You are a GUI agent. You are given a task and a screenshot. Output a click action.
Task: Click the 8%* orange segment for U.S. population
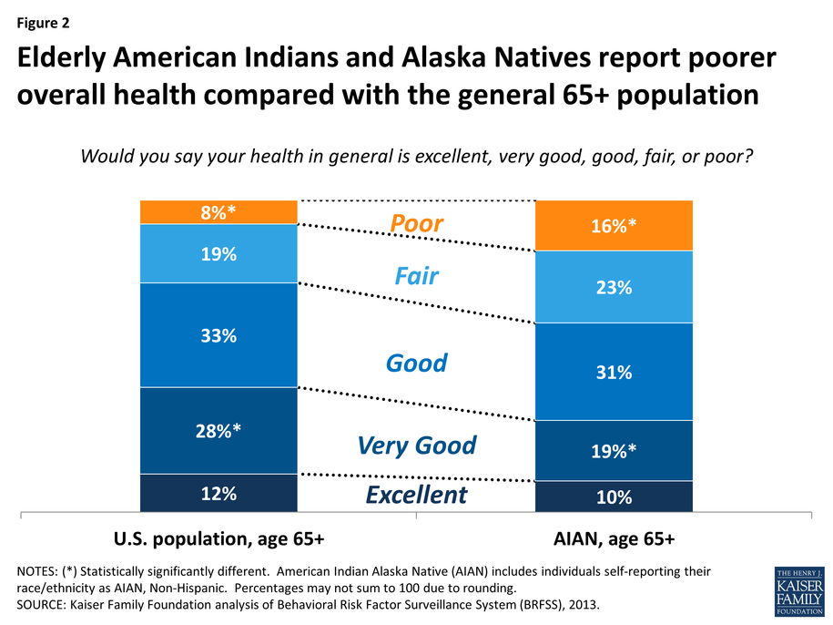pos(218,212)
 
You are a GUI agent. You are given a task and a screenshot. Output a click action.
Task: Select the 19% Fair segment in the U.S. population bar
pos(218,254)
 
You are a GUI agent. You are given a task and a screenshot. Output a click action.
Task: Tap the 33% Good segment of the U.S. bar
pos(218,335)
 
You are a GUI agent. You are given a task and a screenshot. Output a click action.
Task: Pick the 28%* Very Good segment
pos(218,431)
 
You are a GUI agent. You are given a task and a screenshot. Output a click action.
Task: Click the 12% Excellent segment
pos(218,493)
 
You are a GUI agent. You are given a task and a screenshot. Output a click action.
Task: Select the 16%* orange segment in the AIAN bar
pos(614,226)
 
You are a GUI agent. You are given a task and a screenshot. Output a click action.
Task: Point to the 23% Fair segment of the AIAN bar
pos(614,287)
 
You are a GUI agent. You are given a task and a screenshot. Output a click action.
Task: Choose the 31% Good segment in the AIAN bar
pos(614,372)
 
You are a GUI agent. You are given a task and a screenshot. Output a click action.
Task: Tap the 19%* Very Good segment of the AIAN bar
pos(614,450)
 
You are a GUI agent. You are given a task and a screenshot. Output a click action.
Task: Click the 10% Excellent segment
pos(614,497)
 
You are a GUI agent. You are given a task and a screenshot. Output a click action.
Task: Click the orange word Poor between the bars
pos(416,224)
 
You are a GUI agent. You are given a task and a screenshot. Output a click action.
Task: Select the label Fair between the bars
pos(416,275)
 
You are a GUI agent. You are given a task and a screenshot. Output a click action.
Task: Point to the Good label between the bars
pos(416,363)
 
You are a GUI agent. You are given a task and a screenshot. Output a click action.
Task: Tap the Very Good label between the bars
pos(416,446)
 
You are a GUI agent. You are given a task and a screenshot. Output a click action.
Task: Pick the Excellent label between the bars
pos(416,495)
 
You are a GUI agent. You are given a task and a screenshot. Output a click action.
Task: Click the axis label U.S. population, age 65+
pos(218,538)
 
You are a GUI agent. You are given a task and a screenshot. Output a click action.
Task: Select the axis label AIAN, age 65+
pos(614,538)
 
